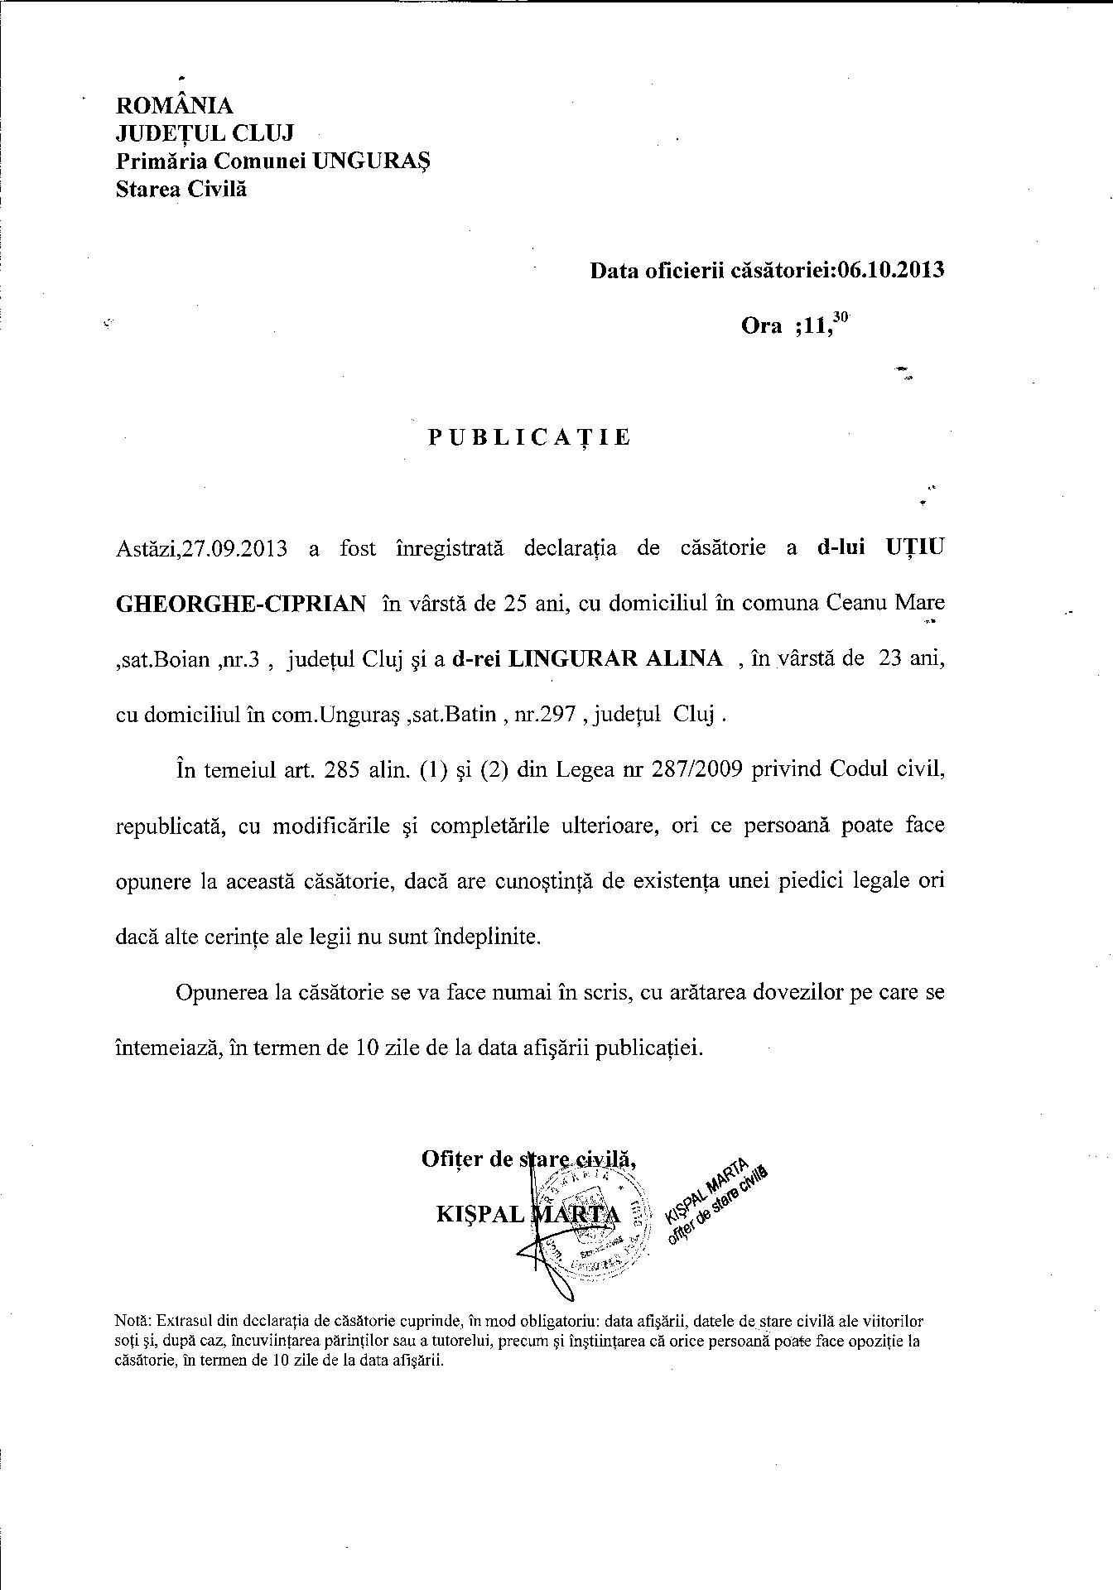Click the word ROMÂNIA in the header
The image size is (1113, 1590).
(x=175, y=106)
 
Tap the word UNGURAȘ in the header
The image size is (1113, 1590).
(x=372, y=161)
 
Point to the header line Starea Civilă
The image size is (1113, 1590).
(x=181, y=189)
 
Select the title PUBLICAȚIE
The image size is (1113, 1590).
(x=529, y=437)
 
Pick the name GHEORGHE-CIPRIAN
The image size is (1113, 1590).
(x=240, y=604)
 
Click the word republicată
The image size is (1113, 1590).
(x=166, y=826)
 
